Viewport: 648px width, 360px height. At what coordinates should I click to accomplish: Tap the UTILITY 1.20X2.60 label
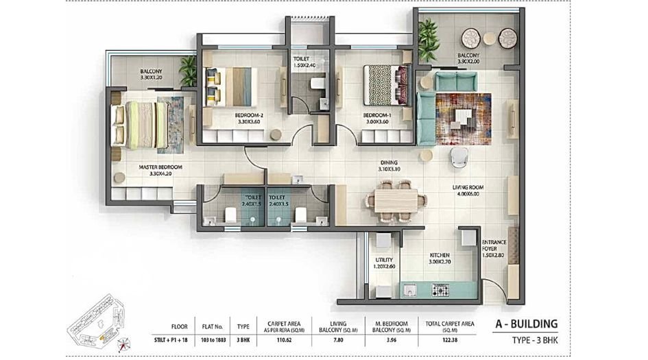pos(383,263)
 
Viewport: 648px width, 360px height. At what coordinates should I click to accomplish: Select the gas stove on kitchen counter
pos(440,290)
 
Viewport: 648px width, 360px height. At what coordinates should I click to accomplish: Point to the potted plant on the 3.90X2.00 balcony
pos(429,40)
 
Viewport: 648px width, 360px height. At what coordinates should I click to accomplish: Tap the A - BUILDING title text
pos(526,324)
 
